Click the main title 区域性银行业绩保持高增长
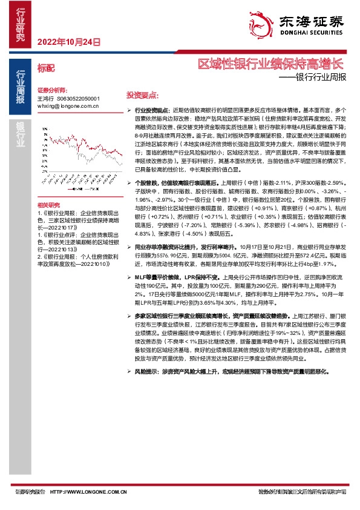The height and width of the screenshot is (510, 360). pyautogui.click(x=271, y=64)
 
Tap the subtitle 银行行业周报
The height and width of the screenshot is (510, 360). pyautogui.click(x=321, y=77)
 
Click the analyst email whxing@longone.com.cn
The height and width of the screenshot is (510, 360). pyautogui.click(x=68, y=105)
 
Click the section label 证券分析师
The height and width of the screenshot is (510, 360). pyautogui.click(x=51, y=89)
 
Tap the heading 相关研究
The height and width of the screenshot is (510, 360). pyautogui.click(x=48, y=205)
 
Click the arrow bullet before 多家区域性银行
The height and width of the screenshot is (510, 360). pyautogui.click(x=129, y=316)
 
